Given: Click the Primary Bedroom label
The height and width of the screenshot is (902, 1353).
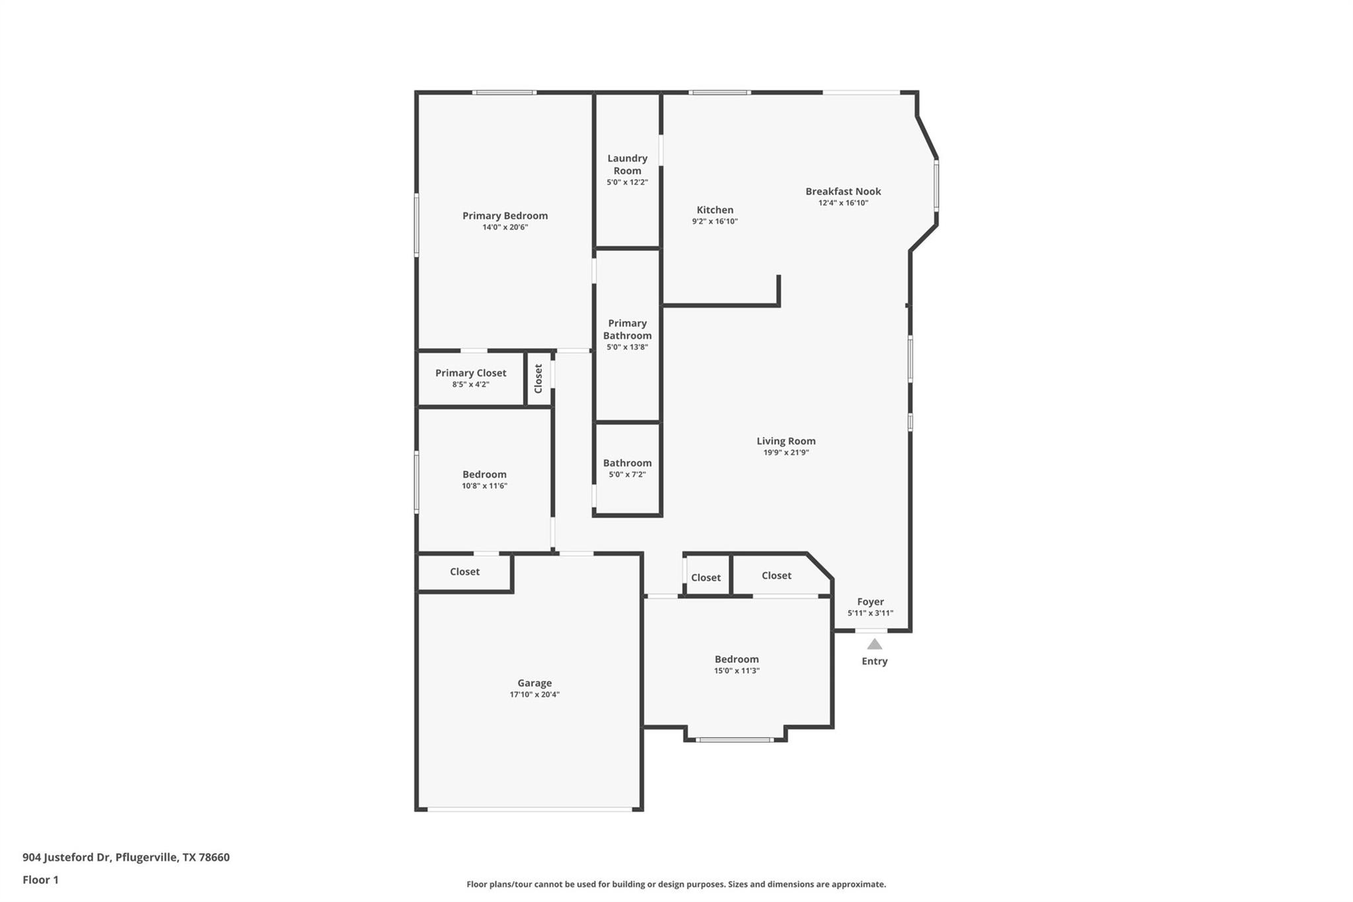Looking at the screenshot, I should click(505, 215).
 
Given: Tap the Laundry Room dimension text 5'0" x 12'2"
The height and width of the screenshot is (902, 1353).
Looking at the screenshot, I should click(627, 182).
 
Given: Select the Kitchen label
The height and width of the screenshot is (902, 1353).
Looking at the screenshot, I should click(715, 210).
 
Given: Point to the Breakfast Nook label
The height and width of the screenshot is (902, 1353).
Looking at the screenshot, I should click(843, 192).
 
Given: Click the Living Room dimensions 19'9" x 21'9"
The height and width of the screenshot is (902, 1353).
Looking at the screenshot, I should click(786, 453).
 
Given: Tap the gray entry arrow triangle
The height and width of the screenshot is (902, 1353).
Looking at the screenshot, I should click(874, 644).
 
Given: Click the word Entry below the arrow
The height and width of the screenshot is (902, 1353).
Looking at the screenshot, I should click(874, 661).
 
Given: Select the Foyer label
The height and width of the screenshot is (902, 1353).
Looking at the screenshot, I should click(870, 602).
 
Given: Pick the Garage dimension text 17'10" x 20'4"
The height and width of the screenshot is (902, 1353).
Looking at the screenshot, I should click(534, 695).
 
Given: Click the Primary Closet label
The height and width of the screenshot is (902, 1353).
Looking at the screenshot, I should click(470, 373).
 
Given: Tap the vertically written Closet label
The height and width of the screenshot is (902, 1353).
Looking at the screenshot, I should click(538, 378).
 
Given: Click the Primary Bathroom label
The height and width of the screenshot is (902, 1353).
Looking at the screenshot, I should click(627, 329).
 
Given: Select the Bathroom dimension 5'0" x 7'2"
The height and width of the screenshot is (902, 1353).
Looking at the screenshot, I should click(627, 474).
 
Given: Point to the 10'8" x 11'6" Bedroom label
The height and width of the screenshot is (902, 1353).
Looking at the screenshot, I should click(484, 474).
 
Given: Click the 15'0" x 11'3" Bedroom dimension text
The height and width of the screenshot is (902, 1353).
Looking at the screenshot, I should click(737, 671).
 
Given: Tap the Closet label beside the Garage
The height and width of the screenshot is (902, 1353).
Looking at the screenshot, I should click(464, 572).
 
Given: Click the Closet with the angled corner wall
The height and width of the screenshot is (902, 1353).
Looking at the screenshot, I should click(776, 576).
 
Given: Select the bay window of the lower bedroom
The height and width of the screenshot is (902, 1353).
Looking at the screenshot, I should click(735, 739).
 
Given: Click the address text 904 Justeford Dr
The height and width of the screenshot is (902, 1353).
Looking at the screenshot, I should click(66, 857).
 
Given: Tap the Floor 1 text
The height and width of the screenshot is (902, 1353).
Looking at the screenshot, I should click(40, 880).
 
